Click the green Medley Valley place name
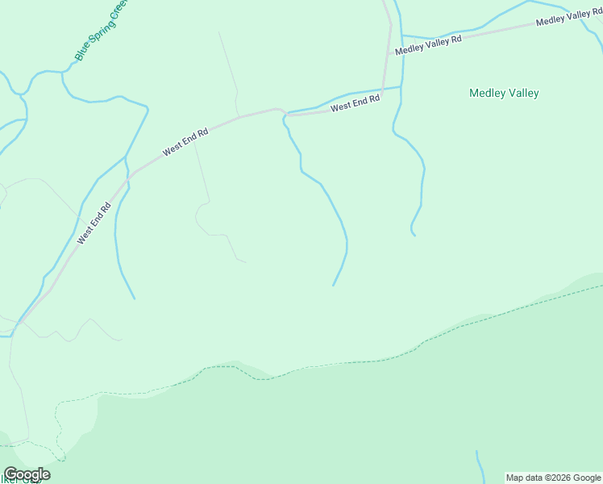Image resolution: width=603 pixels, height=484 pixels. click(x=504, y=93)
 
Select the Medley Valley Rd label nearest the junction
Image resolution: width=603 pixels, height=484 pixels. click(x=428, y=44)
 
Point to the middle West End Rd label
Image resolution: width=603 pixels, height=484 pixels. click(x=185, y=141)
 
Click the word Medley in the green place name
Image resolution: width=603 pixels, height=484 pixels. click(x=487, y=93)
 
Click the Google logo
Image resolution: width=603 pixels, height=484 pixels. click(x=27, y=474)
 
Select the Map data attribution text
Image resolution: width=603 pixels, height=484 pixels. click(x=553, y=478)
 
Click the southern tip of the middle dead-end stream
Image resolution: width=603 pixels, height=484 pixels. click(x=333, y=285)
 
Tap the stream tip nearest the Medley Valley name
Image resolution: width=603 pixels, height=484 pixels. click(x=414, y=235)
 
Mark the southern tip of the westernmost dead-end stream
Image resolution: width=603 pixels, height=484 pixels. click(x=134, y=298)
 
